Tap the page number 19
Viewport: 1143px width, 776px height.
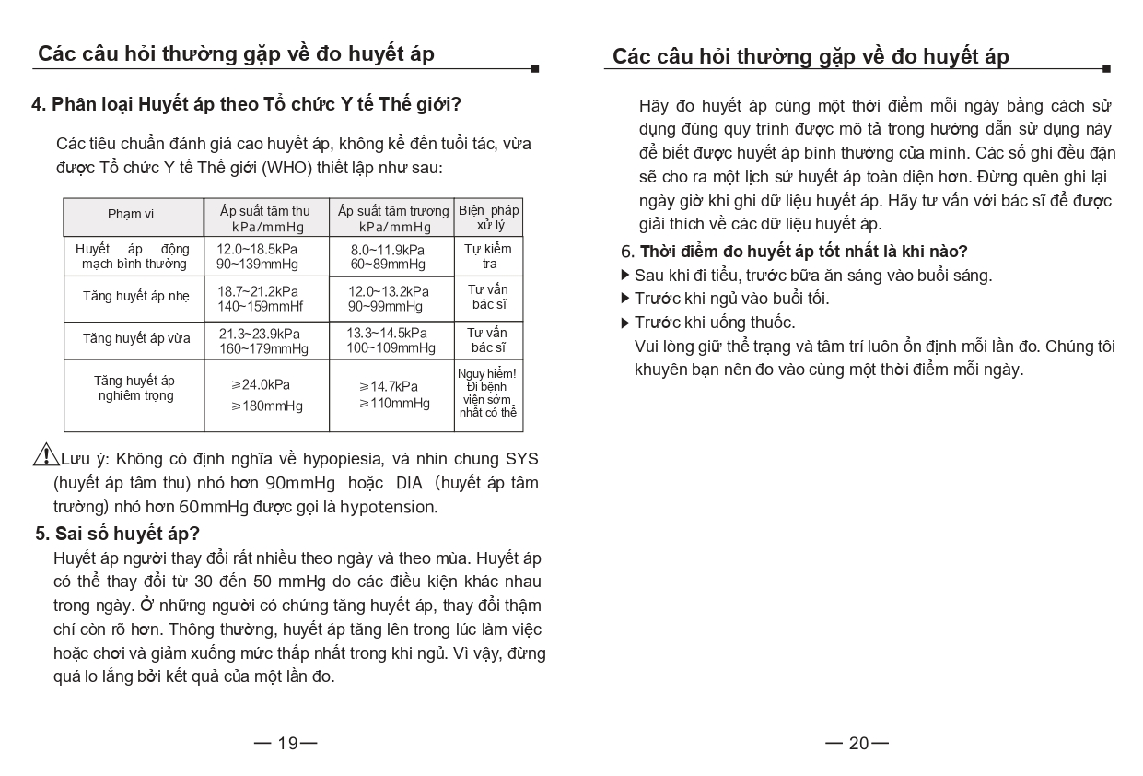(x=287, y=743)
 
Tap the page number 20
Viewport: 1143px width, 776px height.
(x=858, y=743)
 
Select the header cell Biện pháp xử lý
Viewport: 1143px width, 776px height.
(x=489, y=218)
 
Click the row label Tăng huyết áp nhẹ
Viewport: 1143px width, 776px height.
(x=135, y=297)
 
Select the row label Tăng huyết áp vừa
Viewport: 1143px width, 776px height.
(x=136, y=339)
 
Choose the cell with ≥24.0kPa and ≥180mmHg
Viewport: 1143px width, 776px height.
(x=265, y=394)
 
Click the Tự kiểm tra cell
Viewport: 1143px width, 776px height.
(x=488, y=256)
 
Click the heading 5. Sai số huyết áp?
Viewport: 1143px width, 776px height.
(x=117, y=534)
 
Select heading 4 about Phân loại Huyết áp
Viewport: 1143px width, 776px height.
(x=246, y=103)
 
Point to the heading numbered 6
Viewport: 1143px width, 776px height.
(x=794, y=252)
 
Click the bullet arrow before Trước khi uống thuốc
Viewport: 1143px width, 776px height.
(x=626, y=322)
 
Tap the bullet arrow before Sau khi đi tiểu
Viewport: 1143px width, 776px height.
(x=626, y=275)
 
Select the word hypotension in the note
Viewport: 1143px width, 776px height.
(x=388, y=507)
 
